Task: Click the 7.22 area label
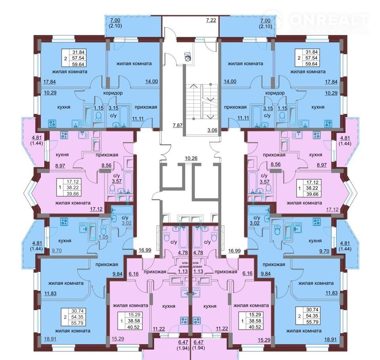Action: (x=211, y=20)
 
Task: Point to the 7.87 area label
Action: (x=177, y=125)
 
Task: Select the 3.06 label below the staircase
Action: (x=212, y=130)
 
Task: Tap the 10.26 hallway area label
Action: (x=191, y=158)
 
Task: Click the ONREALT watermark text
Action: (x=329, y=20)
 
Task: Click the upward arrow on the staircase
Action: (x=194, y=86)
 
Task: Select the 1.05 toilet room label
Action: (x=103, y=237)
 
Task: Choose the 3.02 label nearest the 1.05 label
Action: (x=127, y=223)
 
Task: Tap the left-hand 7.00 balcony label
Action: (x=115, y=21)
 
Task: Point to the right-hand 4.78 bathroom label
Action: (x=198, y=252)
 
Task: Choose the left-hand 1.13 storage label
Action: (x=182, y=271)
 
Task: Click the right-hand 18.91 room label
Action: (x=331, y=339)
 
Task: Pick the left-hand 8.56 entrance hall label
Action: (x=106, y=165)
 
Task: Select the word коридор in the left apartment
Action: (x=113, y=93)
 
